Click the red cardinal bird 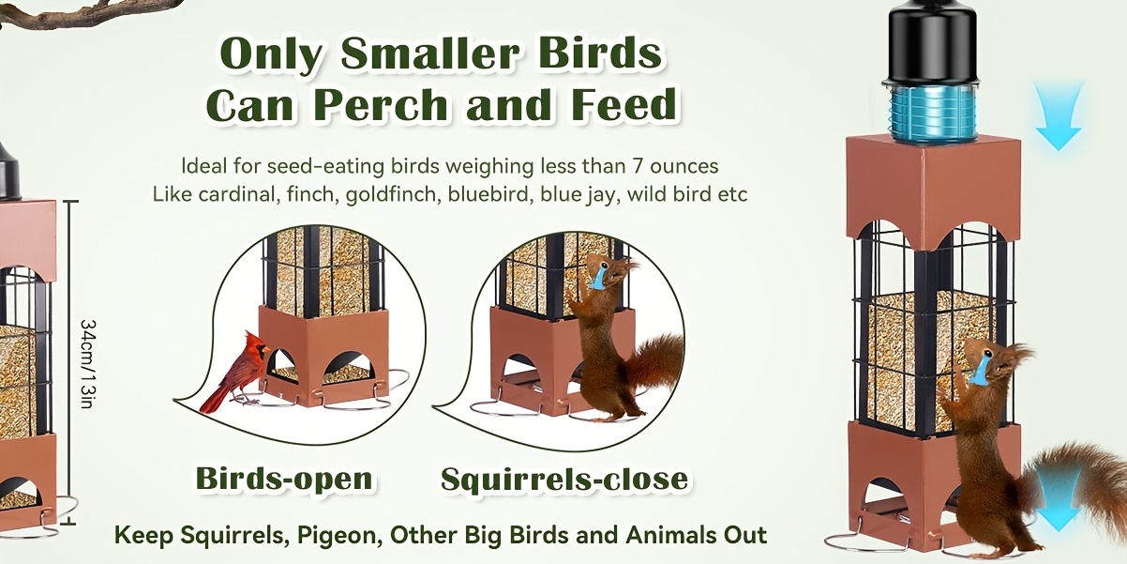click(236, 373)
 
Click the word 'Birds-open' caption click(285, 479)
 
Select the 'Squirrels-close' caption click(564, 480)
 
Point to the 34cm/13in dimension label click(87, 363)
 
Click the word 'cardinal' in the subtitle click(238, 194)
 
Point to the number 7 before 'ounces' click(637, 166)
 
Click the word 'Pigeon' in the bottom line click(337, 535)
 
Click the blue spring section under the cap click(932, 114)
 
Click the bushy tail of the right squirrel click(1082, 483)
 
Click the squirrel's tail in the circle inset click(654, 361)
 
